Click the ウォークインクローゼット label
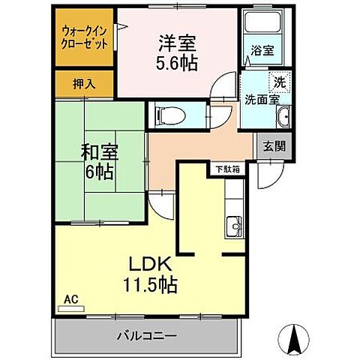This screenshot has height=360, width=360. pyautogui.click(x=84, y=37)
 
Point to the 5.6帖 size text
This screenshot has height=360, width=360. pyautogui.click(x=178, y=64)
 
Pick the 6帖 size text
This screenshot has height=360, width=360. pyautogui.click(x=98, y=172)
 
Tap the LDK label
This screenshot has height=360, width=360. pyautogui.click(x=155, y=264)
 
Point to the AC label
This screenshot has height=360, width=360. pyautogui.click(x=70, y=298)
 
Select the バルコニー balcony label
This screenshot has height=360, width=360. pyautogui.click(x=147, y=334)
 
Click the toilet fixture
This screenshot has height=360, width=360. pyautogui.click(x=166, y=115)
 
